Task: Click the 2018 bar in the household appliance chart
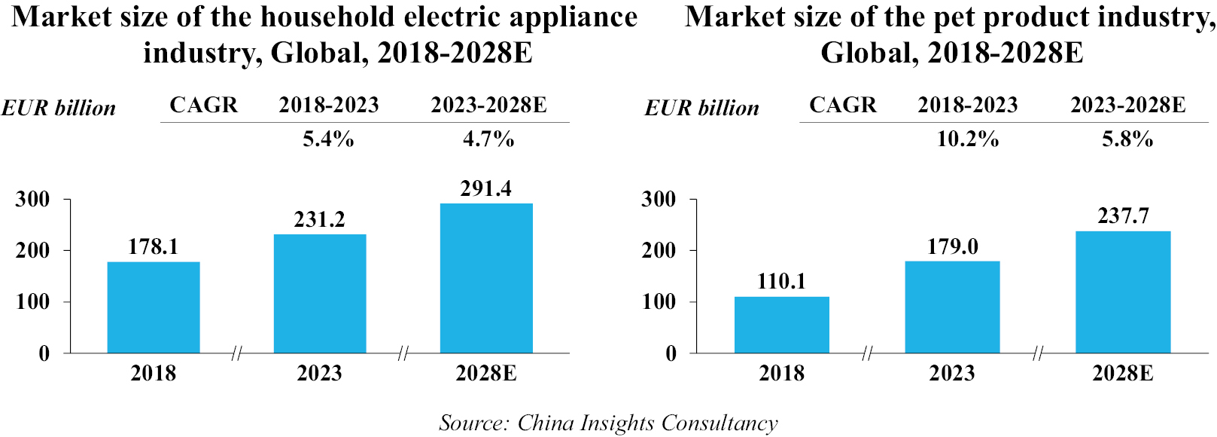[154, 307]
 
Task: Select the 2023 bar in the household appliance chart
[320, 294]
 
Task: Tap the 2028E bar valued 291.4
[486, 278]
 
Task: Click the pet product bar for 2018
[782, 325]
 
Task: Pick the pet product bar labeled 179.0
[952, 307]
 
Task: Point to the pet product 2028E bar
[1123, 292]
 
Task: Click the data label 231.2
[320, 219]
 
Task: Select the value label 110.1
[781, 282]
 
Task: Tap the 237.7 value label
[1123, 216]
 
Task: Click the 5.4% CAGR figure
[328, 139]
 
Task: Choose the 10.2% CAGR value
[967, 139]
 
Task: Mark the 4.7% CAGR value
[488, 139]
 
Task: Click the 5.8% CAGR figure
[1127, 139]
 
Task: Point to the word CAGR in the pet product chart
[843, 105]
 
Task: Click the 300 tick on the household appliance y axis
[33, 200]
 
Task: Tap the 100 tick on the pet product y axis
[659, 302]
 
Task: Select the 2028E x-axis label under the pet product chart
[1123, 373]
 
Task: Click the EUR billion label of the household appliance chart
[59, 108]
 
